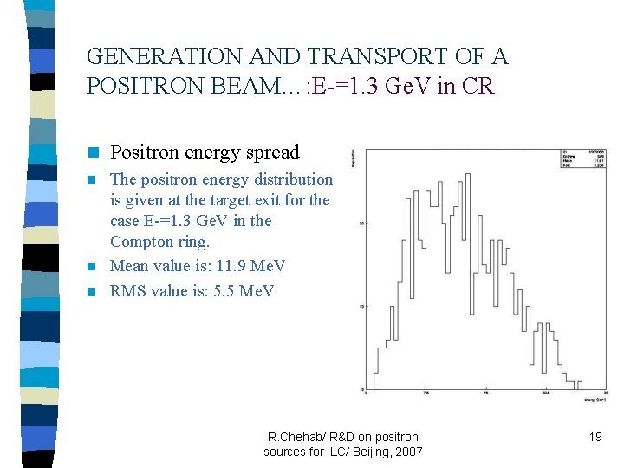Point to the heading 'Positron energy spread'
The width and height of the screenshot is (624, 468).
[205, 153]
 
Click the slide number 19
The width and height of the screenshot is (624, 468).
[595, 437]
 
